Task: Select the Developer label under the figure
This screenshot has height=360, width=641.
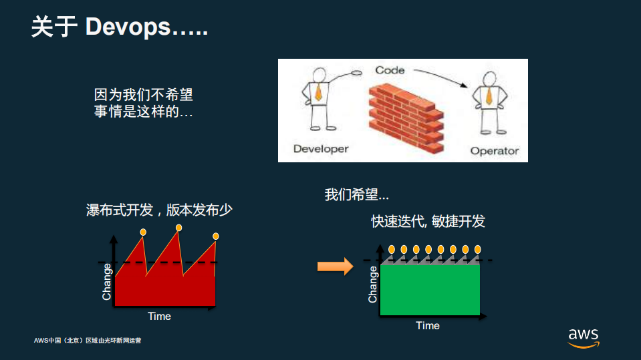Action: coord(321,148)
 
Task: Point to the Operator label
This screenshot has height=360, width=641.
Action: coord(494,150)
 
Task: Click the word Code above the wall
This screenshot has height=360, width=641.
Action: coord(390,70)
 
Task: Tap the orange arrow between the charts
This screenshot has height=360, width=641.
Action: coord(334,266)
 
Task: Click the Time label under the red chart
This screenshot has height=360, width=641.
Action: coord(159,316)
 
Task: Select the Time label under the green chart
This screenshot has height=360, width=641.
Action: coord(428,325)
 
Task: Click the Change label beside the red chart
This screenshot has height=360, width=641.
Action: coord(107,281)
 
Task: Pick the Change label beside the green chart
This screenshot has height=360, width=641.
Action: coord(373,285)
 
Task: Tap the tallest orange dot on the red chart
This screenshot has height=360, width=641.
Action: coord(178,228)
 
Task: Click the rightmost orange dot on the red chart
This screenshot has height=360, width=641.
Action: coord(216,236)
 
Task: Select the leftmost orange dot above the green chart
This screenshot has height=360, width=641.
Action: coord(392,249)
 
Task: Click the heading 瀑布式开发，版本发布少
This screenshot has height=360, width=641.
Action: coord(159,210)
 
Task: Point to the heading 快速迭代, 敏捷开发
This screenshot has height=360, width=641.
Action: coord(428,221)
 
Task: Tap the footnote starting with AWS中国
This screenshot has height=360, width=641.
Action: coord(88,341)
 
